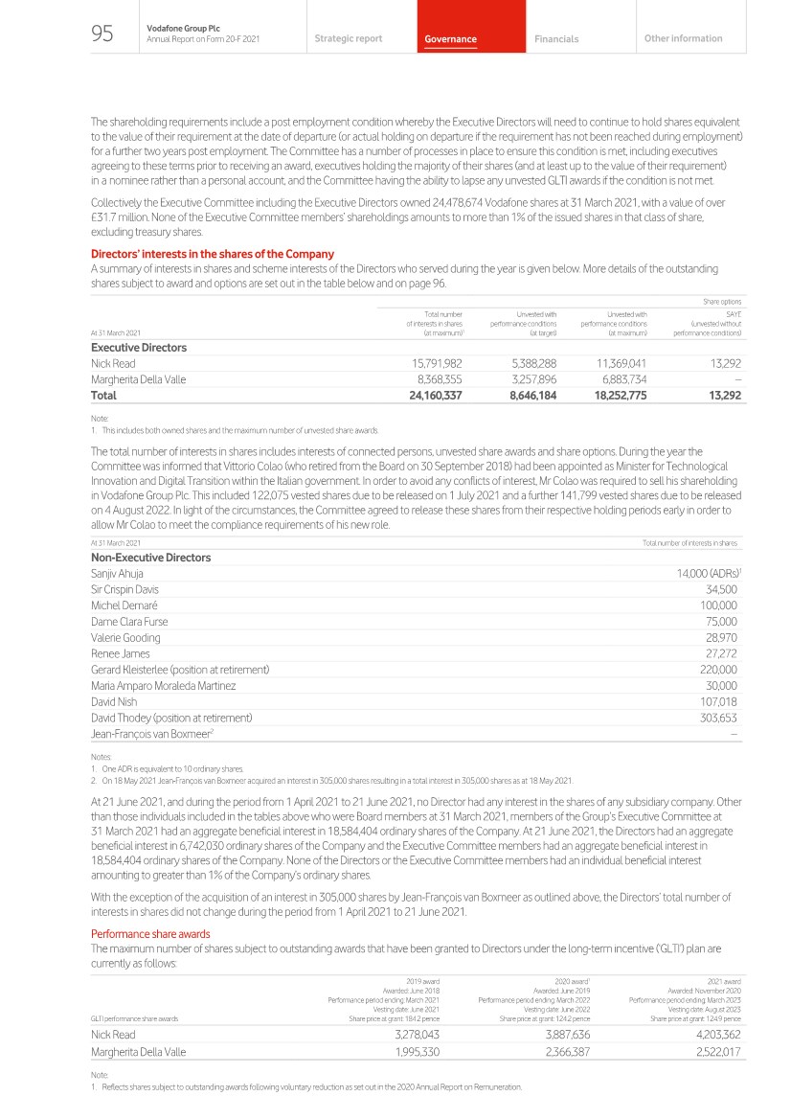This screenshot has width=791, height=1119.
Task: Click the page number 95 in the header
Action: pos(102,35)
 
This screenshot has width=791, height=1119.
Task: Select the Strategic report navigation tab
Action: pos(348,38)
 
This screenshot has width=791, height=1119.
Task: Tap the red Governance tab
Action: pos(450,39)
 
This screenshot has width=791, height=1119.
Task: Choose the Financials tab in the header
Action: pos(556,39)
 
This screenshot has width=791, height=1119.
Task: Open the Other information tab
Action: pos(683,38)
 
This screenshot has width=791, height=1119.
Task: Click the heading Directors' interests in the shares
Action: pos(212,254)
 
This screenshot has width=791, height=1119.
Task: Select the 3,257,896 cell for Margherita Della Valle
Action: pos(517,379)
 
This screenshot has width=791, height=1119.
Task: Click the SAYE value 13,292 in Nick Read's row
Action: pos(721,363)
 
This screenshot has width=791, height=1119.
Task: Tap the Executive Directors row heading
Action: pos(139,347)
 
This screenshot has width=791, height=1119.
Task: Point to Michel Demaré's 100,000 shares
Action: pos(718,605)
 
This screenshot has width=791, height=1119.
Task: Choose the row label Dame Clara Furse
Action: pos(125,621)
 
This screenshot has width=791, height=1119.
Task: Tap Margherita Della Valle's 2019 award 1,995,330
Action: pos(406,1051)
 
